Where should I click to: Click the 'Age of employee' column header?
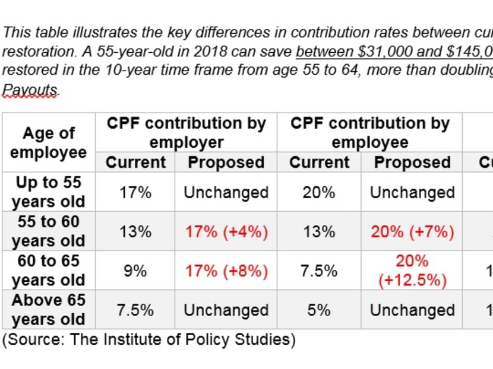(x=48, y=142)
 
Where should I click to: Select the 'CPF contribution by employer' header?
(x=186, y=132)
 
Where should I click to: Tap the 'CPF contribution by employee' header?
(x=369, y=132)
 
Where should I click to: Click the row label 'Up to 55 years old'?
(x=48, y=192)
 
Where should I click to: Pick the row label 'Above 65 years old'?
(x=48, y=309)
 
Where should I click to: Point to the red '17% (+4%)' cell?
(x=226, y=231)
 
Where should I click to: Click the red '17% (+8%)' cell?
(x=226, y=271)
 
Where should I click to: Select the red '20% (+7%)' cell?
(x=412, y=231)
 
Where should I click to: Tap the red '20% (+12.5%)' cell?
(x=412, y=271)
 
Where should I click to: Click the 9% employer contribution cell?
(x=135, y=271)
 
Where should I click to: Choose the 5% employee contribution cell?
(x=319, y=310)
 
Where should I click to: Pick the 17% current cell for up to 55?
(x=135, y=192)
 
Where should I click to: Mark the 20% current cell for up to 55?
(x=319, y=192)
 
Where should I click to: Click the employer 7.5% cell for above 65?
(x=135, y=310)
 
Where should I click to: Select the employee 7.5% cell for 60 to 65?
(x=319, y=271)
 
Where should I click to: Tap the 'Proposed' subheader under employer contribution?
(x=226, y=162)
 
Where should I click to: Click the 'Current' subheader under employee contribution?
(x=319, y=162)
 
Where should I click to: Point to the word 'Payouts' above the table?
(x=31, y=90)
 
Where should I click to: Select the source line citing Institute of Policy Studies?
(x=149, y=339)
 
